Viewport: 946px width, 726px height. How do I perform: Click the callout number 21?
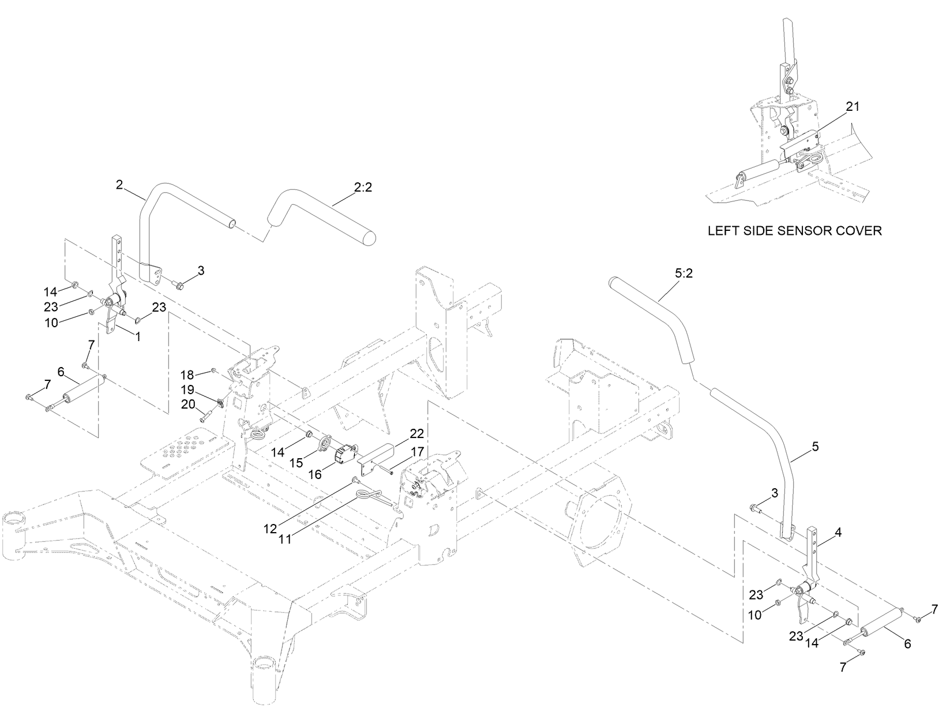(853, 106)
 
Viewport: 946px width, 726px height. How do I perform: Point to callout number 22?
(416, 434)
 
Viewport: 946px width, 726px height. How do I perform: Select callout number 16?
(315, 474)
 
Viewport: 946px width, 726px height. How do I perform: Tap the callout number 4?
(838, 533)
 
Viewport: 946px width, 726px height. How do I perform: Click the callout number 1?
(137, 337)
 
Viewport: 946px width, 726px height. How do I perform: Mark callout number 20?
(189, 405)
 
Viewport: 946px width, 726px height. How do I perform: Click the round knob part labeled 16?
(346, 453)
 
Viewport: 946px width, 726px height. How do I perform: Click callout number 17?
(418, 451)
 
